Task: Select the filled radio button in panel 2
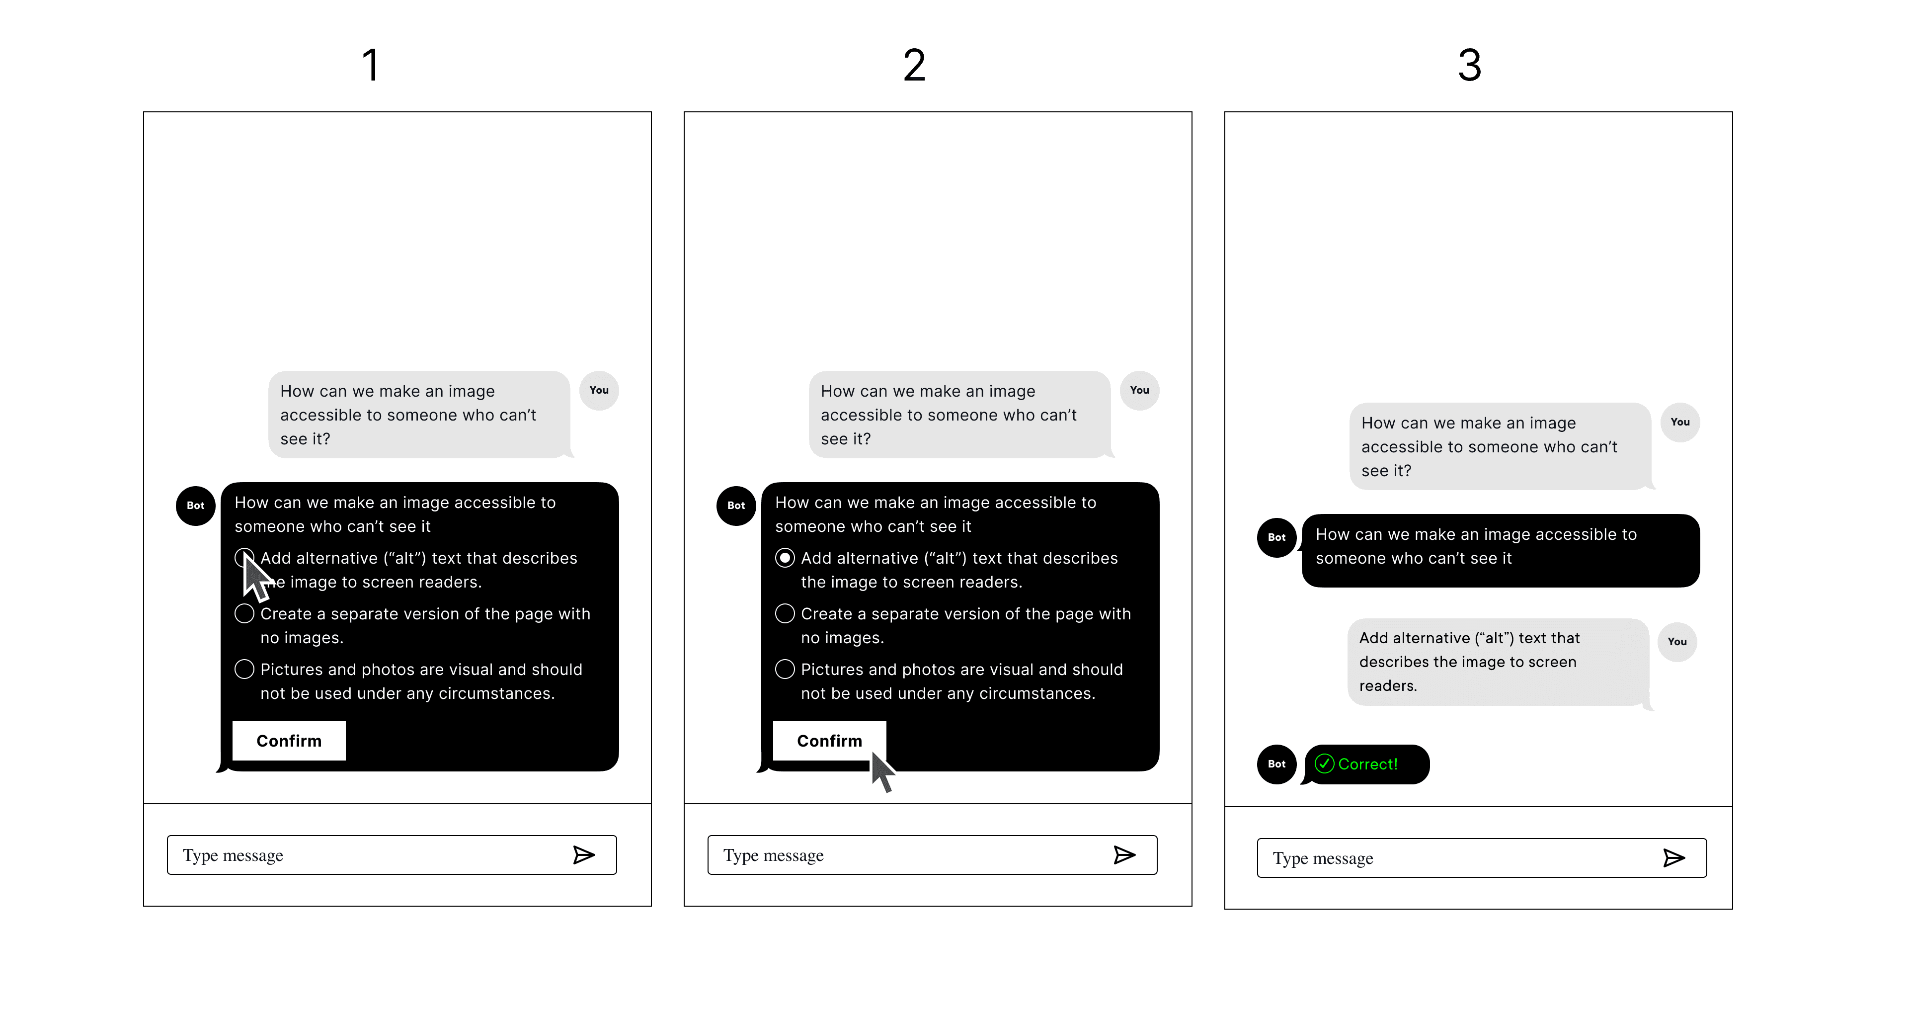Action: [785, 558]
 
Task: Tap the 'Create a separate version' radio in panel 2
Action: [785, 613]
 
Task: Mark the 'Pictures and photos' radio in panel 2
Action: [785, 669]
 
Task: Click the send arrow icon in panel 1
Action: [584, 855]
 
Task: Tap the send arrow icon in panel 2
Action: [1124, 855]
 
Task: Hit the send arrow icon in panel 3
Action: [1674, 858]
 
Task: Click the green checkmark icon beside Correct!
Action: [1324, 764]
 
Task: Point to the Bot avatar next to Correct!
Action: [1276, 764]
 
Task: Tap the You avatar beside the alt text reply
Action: [1677, 642]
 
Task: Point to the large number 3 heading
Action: [1470, 65]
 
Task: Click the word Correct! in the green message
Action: [1367, 764]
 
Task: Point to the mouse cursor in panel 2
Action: [881, 772]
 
